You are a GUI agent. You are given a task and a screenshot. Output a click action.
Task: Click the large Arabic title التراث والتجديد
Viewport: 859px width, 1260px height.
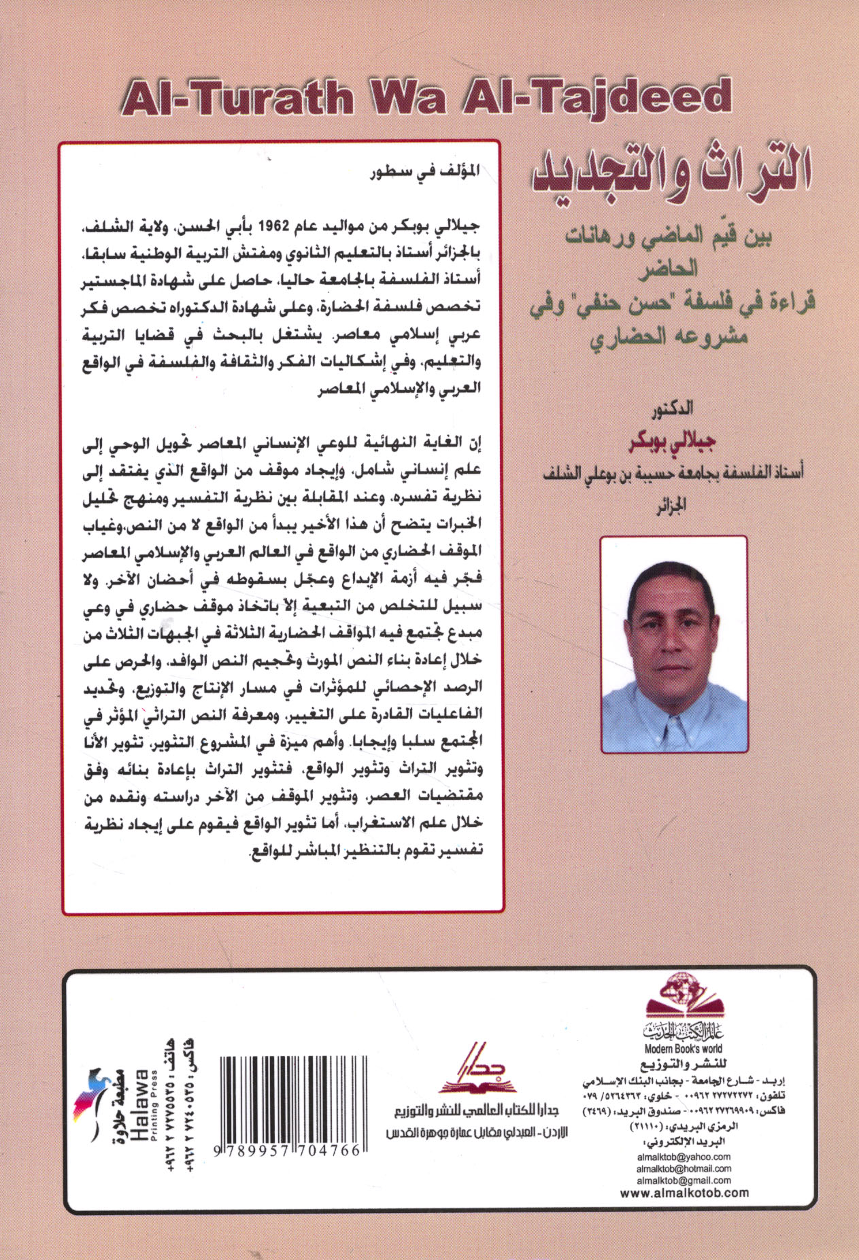(x=669, y=172)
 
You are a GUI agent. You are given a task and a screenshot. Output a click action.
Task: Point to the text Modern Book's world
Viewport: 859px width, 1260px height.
(x=683, y=1049)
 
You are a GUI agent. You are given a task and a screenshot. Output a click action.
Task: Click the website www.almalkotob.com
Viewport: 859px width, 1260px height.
(x=684, y=1193)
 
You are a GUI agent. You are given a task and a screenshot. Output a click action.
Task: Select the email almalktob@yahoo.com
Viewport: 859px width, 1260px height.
(x=684, y=1157)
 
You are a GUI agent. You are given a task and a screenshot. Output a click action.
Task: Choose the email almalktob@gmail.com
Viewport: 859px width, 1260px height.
(x=684, y=1180)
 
